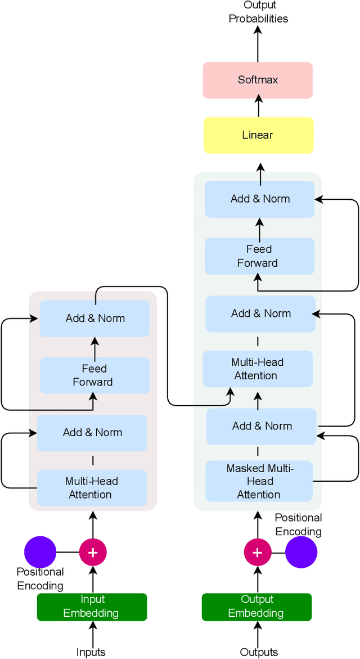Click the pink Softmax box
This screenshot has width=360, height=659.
pyautogui.click(x=258, y=79)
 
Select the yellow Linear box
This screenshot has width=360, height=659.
pyautogui.click(x=258, y=135)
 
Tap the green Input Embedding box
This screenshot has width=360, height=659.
pyautogui.click(x=92, y=607)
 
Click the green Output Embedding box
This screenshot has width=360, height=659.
pyautogui.click(x=257, y=607)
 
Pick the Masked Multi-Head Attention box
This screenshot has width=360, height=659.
pyautogui.click(x=259, y=481)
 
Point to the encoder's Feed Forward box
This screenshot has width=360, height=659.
pyautogui.click(x=94, y=375)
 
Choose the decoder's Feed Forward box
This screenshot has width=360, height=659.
pyautogui.click(x=259, y=256)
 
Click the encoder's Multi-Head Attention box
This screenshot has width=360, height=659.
pyautogui.click(x=92, y=488)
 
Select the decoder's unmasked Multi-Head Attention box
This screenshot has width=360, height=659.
pyautogui.click(x=258, y=369)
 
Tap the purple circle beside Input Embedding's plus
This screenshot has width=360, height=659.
pyautogui.click(x=40, y=552)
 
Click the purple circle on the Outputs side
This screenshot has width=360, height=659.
pyautogui.click(x=301, y=552)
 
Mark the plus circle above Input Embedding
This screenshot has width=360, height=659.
pyautogui.click(x=93, y=552)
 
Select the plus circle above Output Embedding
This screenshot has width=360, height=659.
pyautogui.click(x=258, y=552)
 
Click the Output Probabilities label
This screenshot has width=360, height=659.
pyautogui.click(x=258, y=12)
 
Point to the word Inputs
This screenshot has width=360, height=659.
pyautogui.click(x=91, y=652)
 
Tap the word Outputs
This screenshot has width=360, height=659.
pyautogui.click(x=259, y=652)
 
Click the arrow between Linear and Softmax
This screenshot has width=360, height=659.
pyautogui.click(x=258, y=107)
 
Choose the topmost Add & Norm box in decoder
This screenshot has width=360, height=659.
pyautogui.click(x=259, y=199)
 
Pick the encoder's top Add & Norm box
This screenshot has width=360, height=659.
pyautogui.click(x=94, y=319)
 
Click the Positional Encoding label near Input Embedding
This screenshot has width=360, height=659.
pyautogui.click(x=40, y=579)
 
